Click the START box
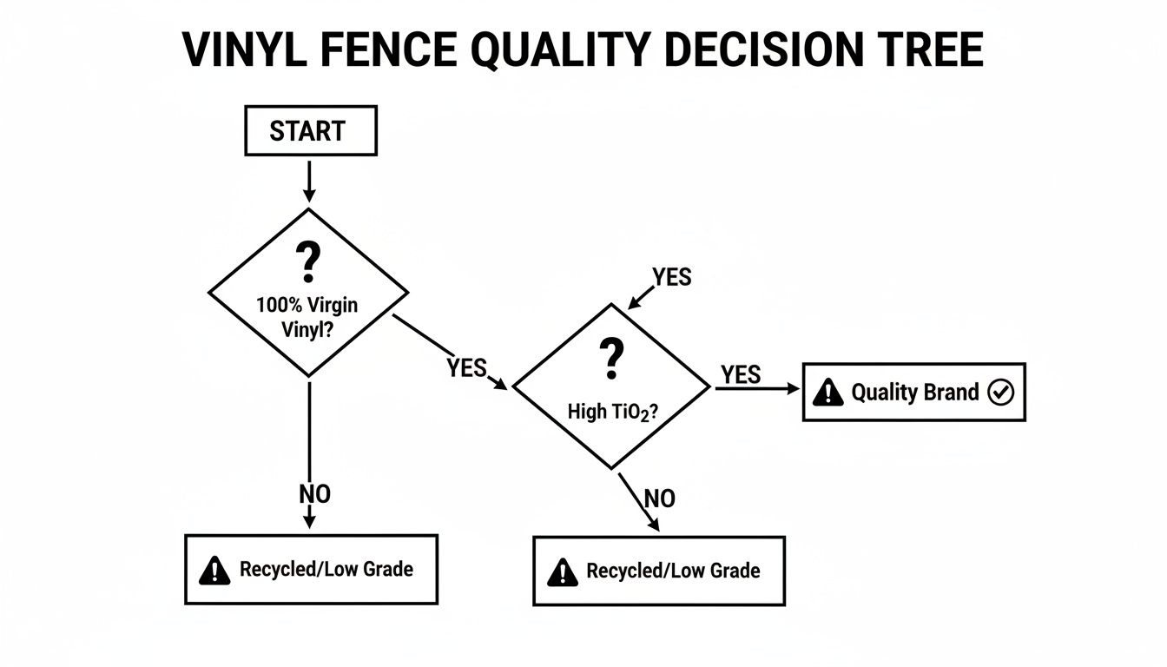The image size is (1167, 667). (x=311, y=131)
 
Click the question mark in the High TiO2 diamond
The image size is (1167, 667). (x=611, y=359)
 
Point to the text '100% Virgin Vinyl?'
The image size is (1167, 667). (x=307, y=317)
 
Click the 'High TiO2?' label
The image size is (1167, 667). (x=611, y=413)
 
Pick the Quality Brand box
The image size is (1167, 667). (x=913, y=393)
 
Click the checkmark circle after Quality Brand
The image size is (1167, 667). (x=1001, y=393)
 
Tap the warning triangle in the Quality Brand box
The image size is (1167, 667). (x=829, y=393)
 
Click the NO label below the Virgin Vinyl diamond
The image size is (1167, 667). (x=314, y=494)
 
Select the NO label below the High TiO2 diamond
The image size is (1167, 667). (x=660, y=499)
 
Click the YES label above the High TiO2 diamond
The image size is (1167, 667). (x=672, y=277)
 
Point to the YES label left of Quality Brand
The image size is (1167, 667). (x=741, y=375)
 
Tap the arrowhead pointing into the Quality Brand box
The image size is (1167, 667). (x=793, y=390)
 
